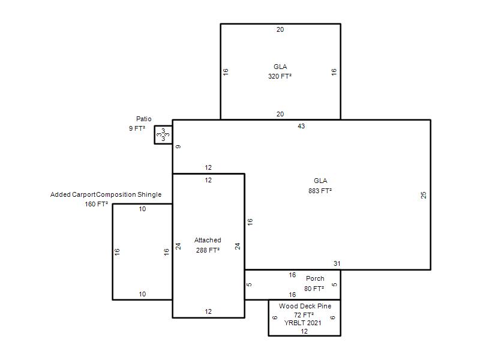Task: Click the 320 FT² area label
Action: coord(280,76)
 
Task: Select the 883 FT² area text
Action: coord(320,191)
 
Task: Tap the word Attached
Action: coord(208,240)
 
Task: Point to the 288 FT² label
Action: coord(208,250)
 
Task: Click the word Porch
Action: coord(315,278)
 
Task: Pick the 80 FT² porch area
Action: coord(314,289)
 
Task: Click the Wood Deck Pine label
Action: coord(305,306)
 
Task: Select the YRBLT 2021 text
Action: coord(303,323)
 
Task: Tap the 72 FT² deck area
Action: coord(304,314)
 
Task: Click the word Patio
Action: coord(143,119)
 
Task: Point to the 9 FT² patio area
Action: coord(137,128)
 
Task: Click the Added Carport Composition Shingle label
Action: coord(106,194)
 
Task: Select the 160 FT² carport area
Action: coord(96,204)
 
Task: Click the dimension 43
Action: coord(301,126)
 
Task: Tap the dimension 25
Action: coord(424,195)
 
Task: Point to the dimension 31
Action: coord(337,263)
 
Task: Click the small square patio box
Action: coord(155,134)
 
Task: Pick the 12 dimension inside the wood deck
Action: coord(304,331)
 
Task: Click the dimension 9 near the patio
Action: coord(178,146)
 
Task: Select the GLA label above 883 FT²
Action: coord(320,181)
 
